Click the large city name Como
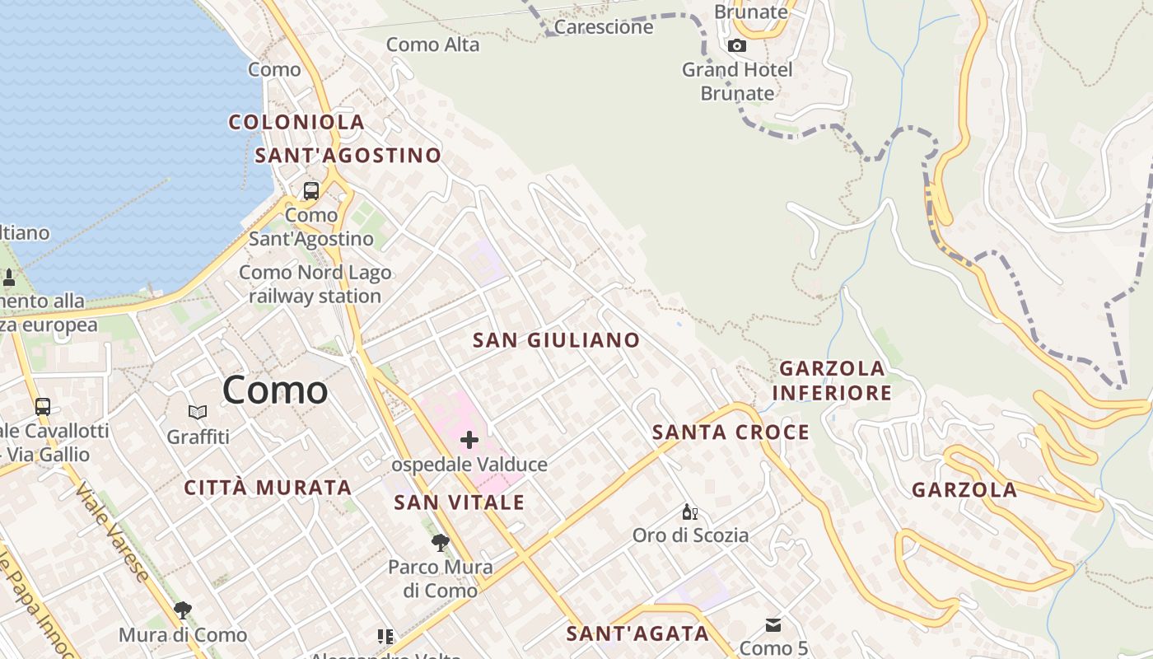click(275, 390)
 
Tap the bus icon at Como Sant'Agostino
click(311, 191)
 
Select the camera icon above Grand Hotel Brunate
click(737, 46)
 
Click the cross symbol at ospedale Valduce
click(469, 440)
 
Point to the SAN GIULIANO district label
click(556, 340)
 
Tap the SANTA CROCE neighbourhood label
click(731, 432)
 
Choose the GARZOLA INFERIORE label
click(832, 381)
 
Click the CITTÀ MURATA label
click(268, 488)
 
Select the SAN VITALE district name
click(459, 502)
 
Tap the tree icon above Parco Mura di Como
click(441, 542)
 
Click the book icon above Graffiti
click(198, 412)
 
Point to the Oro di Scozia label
click(690, 535)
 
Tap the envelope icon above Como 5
click(773, 625)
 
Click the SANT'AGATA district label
click(637, 633)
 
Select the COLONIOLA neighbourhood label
click(296, 122)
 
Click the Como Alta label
click(432, 44)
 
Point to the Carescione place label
click(604, 27)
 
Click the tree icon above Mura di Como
click(183, 610)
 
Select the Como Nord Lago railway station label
click(315, 284)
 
